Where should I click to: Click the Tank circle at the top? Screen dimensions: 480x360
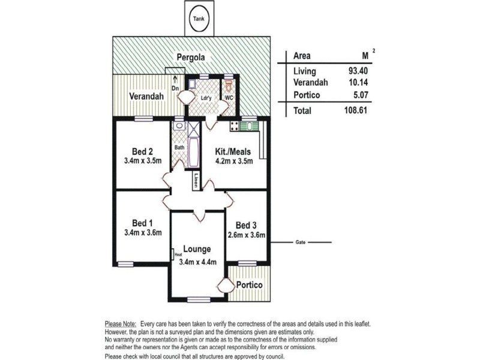199,19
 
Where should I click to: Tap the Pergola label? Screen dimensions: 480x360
191,57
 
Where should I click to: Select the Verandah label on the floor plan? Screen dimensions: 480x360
146,96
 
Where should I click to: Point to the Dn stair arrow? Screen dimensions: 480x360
175,80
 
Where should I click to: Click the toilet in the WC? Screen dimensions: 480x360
229,85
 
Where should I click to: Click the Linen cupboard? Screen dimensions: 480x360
196,181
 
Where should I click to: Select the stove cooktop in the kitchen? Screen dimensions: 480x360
235,126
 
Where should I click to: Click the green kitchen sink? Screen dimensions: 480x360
249,126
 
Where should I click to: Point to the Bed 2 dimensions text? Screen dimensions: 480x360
143,161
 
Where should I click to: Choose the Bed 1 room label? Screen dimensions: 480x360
142,223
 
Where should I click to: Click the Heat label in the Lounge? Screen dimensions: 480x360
178,254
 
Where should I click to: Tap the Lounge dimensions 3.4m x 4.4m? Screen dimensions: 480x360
198,262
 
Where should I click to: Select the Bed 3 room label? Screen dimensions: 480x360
246,226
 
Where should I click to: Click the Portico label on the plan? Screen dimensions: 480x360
250,285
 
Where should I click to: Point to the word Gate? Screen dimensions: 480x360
301,242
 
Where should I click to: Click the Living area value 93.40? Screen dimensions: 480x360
358,71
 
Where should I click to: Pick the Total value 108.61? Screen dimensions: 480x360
356,110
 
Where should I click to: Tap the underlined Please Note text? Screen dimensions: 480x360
121,324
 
